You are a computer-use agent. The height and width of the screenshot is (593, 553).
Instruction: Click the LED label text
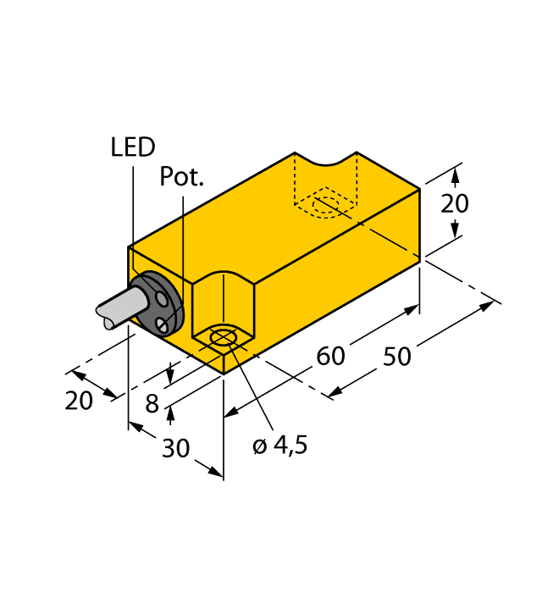133,147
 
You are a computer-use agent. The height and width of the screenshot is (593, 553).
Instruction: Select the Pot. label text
182,177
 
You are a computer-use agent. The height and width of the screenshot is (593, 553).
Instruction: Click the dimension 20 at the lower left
79,401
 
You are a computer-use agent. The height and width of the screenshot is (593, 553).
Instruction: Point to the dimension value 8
152,404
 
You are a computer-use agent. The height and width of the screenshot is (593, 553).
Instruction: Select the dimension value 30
175,448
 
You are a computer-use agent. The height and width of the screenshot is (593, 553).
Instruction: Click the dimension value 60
330,357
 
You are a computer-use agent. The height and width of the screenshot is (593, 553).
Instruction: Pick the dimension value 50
396,357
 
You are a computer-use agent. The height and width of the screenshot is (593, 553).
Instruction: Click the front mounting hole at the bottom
223,340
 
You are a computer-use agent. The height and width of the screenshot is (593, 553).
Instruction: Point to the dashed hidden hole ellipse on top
326,207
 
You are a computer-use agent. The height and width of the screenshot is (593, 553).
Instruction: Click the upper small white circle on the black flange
161,297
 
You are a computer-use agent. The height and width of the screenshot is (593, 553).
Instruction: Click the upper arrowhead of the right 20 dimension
456,175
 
